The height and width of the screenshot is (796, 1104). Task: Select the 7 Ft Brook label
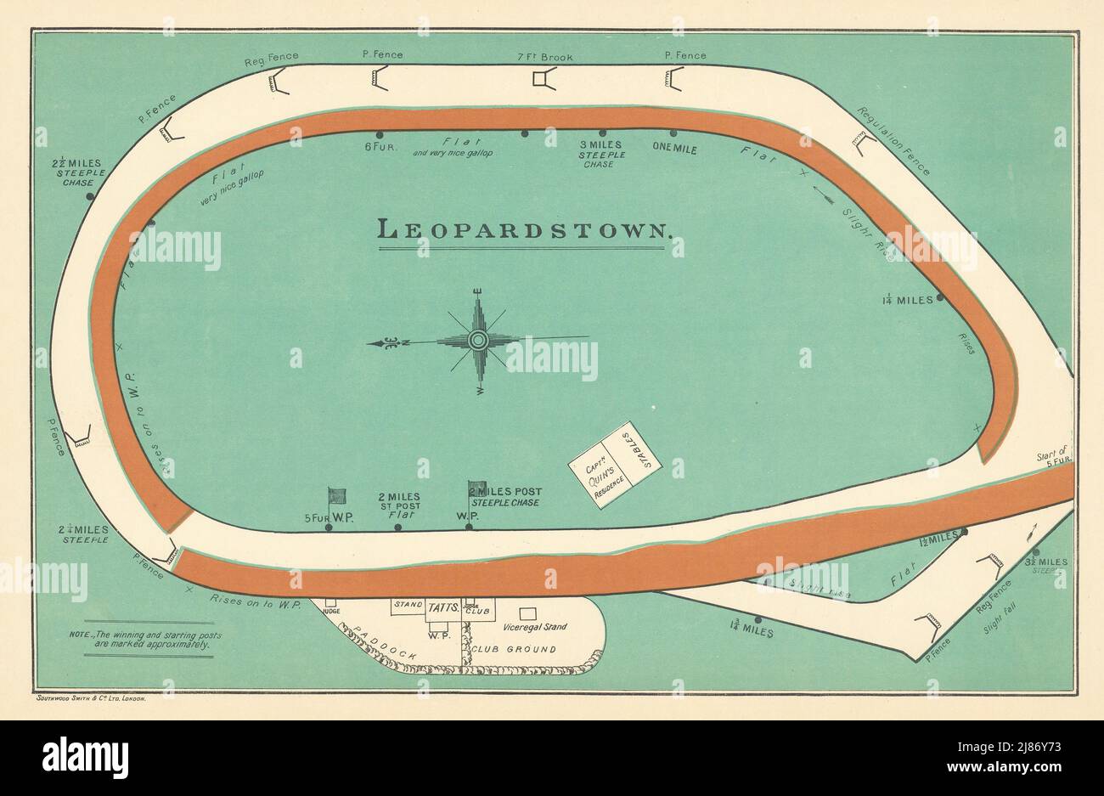pos(545,57)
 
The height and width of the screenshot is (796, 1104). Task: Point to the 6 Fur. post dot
pos(379,134)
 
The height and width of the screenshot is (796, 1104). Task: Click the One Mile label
pos(674,147)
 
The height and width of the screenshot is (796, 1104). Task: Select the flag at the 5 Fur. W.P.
pos(337,496)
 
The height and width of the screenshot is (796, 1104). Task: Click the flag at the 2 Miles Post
pos(477,489)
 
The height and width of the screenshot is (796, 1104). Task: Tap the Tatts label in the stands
pos(443,607)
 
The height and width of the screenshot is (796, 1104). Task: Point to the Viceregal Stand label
pos(534,627)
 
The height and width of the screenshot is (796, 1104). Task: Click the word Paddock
pos(380,645)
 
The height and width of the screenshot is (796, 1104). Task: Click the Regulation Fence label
pos(893,141)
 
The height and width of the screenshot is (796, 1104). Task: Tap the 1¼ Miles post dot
pos(940,299)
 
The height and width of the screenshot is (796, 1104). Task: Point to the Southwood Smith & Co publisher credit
pos(93,697)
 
